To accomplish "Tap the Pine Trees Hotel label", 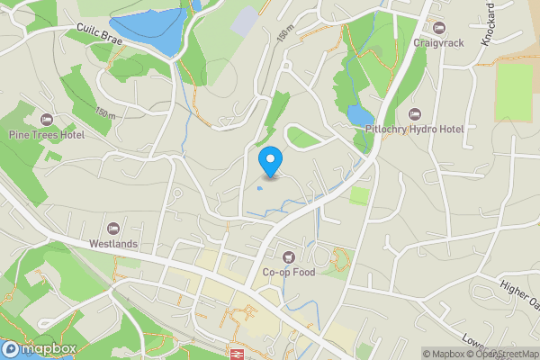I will (x=46, y=135).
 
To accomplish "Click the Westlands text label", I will (x=113, y=244).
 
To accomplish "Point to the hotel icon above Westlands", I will (x=113, y=229).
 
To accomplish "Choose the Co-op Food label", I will (x=288, y=273).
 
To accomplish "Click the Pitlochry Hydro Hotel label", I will (x=414, y=130).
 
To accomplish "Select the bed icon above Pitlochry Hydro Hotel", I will (x=414, y=114).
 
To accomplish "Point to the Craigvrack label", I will (x=438, y=42).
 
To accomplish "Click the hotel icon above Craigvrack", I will (x=438, y=27).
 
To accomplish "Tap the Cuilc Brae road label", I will (x=99, y=35).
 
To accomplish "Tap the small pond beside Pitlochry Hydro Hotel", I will (x=360, y=115).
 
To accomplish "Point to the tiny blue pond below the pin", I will (x=260, y=188).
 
